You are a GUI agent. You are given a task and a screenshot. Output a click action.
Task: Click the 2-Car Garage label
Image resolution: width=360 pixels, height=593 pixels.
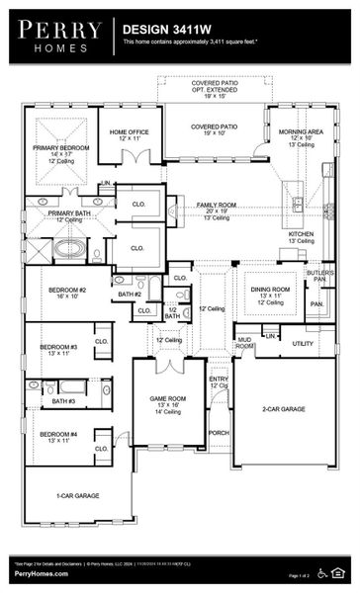[x=284, y=407]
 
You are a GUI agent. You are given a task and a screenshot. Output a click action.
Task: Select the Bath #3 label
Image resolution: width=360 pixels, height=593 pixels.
[x=63, y=401]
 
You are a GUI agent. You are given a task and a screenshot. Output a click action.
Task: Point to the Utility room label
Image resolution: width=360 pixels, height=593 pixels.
[x=302, y=344]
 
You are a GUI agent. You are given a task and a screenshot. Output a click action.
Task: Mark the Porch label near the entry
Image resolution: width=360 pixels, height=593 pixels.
[x=219, y=431]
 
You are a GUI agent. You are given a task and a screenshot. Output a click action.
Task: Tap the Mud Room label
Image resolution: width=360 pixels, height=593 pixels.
[x=244, y=343]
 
